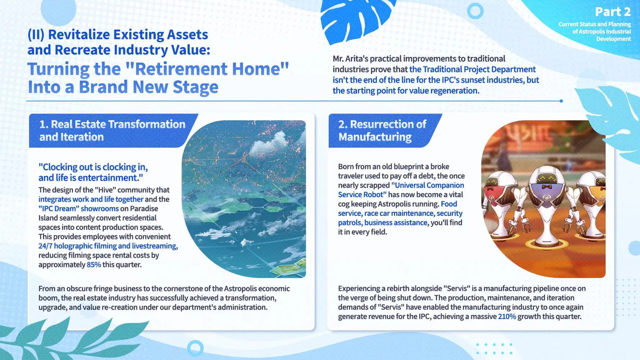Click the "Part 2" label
point(613,12)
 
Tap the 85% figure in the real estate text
point(94,265)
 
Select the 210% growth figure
point(507,316)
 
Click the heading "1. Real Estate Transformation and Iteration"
point(112,130)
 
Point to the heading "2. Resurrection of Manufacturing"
point(382,130)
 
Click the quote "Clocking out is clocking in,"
point(93,167)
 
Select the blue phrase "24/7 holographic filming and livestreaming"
point(107,246)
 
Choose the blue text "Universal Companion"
point(428,185)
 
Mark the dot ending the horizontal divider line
point(561,101)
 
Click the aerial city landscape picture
point(248,199)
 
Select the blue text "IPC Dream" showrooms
point(78,208)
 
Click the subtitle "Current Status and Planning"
point(595,24)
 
